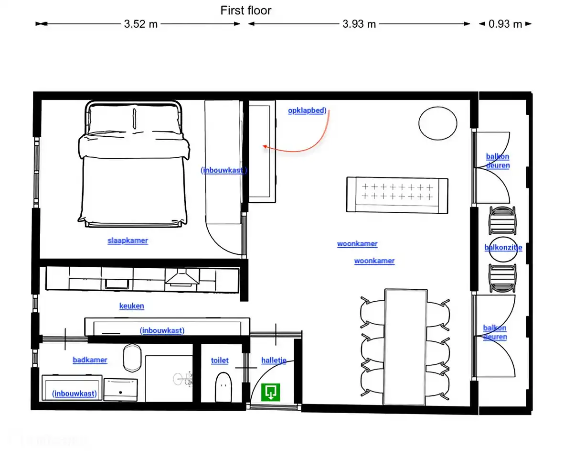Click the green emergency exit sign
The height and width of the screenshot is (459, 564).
point(271,392)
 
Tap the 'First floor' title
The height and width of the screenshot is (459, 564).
point(245,11)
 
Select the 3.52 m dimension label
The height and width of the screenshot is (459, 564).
point(140,24)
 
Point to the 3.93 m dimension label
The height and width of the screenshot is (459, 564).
point(359,24)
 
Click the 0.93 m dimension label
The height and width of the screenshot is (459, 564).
point(505,24)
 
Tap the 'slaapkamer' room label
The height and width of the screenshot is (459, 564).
point(128,240)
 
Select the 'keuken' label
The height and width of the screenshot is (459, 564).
point(132,306)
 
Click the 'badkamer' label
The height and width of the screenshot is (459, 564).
point(90,360)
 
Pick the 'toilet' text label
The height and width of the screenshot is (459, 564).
point(220,361)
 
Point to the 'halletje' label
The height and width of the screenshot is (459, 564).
point(274,361)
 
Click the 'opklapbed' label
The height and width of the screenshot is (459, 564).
point(307,110)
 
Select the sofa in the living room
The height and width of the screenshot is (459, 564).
point(397,195)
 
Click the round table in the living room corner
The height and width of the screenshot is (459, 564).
point(437,123)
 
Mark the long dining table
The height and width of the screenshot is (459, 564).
point(406,347)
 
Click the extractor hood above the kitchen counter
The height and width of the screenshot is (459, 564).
point(181,277)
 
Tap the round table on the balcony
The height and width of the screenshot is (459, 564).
point(503,249)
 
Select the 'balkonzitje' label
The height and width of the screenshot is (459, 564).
point(503,248)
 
